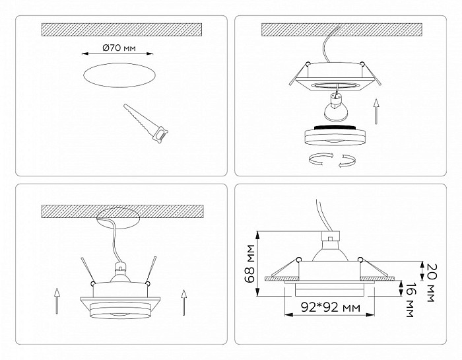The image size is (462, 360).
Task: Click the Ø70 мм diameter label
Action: click(119, 48)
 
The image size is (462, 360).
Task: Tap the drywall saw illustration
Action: click(146, 124)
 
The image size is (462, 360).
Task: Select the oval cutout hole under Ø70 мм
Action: click(119, 75)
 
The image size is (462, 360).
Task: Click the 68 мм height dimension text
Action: click(251, 264)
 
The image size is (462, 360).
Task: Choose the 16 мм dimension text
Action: click(410, 300)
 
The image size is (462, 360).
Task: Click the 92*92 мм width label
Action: click(330, 308)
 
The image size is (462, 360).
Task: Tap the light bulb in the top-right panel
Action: click(335, 108)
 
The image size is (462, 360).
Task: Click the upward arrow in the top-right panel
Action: click(376, 112)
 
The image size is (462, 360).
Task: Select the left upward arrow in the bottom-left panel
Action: click(57, 301)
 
